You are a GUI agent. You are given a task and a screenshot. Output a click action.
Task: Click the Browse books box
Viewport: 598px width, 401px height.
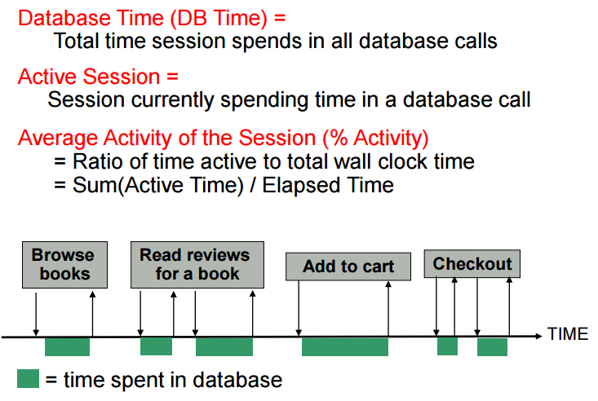(64, 264)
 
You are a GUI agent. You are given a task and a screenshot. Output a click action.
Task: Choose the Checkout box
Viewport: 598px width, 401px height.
(472, 264)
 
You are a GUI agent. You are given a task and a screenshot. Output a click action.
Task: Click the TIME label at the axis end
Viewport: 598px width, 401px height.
(568, 334)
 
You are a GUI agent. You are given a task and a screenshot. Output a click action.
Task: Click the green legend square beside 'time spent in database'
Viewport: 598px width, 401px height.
(28, 379)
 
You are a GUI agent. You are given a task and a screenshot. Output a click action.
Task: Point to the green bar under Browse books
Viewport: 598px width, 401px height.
(67, 346)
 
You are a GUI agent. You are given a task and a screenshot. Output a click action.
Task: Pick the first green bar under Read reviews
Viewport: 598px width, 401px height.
(156, 346)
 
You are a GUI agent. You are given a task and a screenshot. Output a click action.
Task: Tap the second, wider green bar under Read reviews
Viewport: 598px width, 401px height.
(224, 346)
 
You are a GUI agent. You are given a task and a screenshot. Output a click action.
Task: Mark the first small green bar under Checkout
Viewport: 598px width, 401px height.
(447, 346)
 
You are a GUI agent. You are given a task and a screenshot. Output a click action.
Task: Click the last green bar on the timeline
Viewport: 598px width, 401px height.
(492, 346)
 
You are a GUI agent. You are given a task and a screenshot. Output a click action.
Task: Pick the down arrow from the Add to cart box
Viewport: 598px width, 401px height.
(299, 308)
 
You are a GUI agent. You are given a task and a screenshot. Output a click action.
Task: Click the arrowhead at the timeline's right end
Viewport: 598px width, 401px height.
(538, 335)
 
